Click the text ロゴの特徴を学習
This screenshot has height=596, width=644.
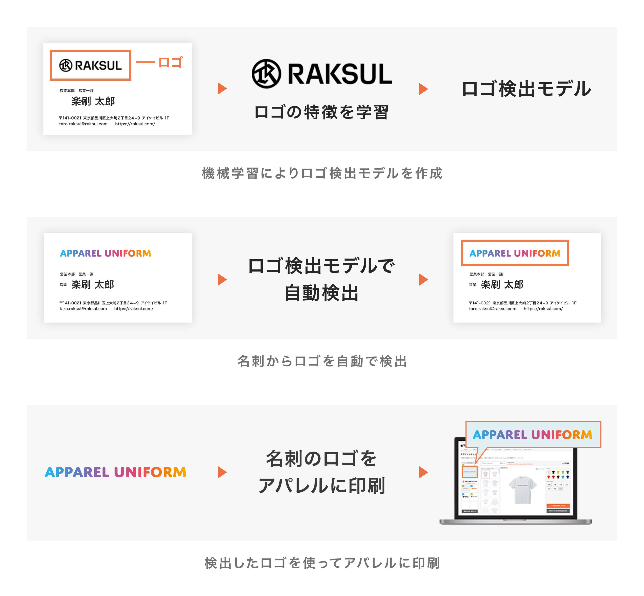321,112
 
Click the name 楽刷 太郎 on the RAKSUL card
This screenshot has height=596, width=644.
93,101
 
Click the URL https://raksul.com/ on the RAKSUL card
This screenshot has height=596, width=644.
135,124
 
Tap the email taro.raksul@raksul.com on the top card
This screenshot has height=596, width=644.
83,124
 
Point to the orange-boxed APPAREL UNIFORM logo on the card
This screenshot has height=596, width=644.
515,253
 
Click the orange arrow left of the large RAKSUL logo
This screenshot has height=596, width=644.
222,88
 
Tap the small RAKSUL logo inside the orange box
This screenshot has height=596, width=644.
90,65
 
